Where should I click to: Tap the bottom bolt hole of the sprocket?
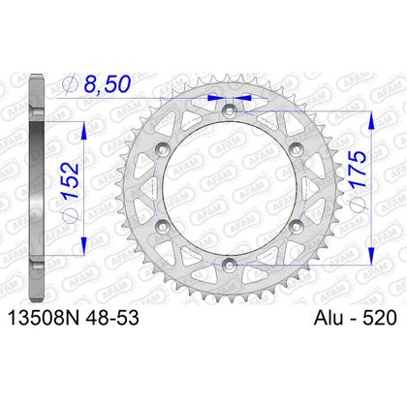[227, 265]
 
